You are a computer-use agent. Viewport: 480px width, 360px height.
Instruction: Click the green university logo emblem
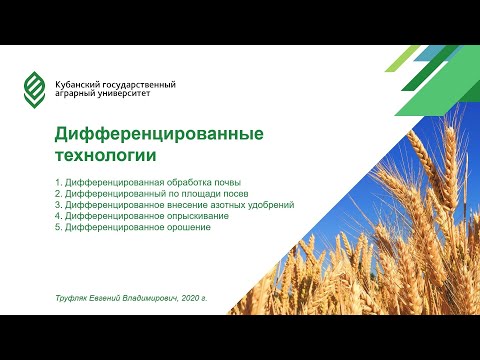click(36, 90)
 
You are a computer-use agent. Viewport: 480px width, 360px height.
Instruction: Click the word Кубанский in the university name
click(80, 84)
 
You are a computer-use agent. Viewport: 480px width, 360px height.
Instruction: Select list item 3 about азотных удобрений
click(174, 204)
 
